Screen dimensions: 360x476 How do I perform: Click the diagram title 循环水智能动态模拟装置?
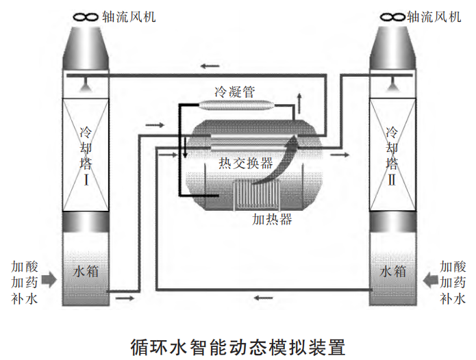(237, 343)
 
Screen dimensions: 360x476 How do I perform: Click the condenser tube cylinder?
(237, 105)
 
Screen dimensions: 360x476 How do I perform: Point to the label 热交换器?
(245, 163)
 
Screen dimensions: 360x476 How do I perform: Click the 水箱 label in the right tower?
(392, 271)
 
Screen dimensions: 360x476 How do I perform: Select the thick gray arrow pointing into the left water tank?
(49, 279)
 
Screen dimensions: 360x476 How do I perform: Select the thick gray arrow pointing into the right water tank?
(430, 279)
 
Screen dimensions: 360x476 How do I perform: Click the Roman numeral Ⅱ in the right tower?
(392, 181)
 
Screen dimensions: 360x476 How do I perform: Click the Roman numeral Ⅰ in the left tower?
(87, 181)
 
